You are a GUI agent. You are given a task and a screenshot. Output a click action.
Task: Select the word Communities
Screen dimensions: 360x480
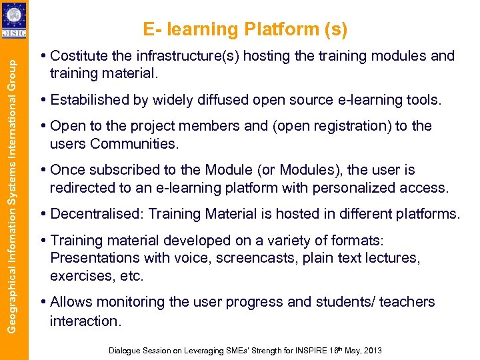tap(141, 144)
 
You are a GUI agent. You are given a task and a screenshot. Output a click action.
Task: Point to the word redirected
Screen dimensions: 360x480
tap(83, 188)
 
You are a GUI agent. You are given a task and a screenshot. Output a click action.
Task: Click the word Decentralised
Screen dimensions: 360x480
tap(97, 214)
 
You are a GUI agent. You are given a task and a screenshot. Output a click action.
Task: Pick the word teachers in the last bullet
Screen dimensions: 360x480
tap(407, 302)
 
